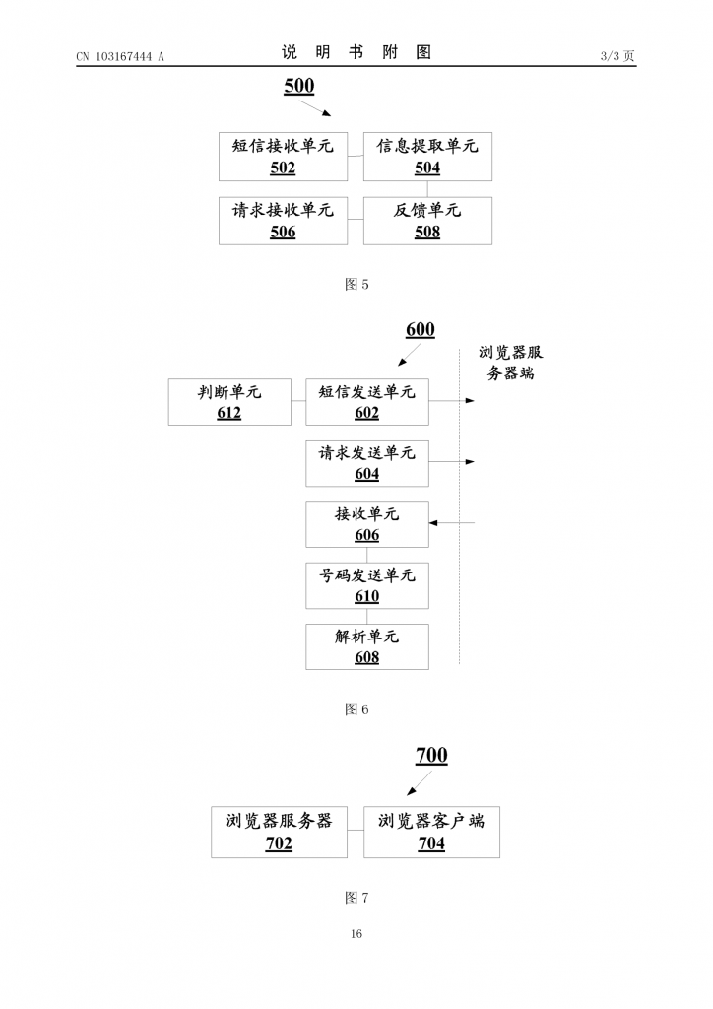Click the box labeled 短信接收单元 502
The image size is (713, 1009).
point(283,157)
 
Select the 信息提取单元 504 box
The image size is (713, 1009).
point(427,157)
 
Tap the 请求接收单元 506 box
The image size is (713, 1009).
point(283,221)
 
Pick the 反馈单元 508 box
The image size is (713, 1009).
point(427,221)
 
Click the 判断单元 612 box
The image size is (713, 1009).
point(229,402)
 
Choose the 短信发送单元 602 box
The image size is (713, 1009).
point(367,402)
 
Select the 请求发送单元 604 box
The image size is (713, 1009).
point(367,463)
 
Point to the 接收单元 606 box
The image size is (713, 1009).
point(367,524)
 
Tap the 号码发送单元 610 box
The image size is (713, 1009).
point(367,585)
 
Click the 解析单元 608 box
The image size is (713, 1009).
point(367,646)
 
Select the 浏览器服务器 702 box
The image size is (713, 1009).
point(279,832)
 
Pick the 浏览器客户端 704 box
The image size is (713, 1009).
point(431,832)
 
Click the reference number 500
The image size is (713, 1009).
point(299,87)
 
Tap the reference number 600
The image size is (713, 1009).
point(421,330)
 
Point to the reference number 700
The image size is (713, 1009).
point(431,756)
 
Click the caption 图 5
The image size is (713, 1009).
point(356,285)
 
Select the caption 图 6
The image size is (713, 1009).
point(356,709)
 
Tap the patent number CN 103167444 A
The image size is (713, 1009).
point(120,56)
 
